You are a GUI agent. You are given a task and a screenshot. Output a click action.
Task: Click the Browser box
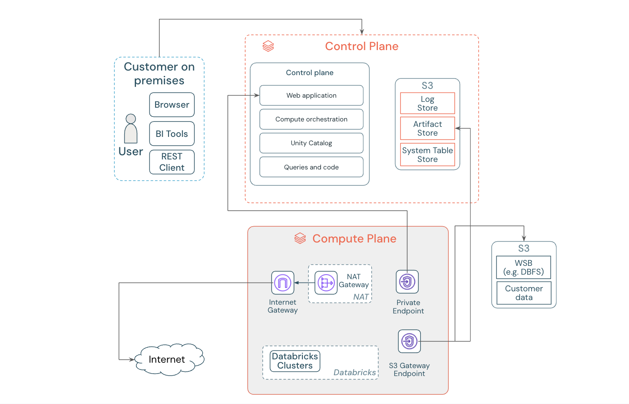coord(172,105)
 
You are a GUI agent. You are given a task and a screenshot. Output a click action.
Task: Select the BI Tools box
coord(172,134)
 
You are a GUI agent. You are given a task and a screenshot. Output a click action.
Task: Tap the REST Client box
coord(172,162)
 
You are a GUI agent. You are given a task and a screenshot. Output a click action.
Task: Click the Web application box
coord(311,96)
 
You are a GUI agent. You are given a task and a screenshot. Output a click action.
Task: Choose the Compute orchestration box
coord(311,119)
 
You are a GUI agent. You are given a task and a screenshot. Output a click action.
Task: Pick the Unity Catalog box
coord(311,143)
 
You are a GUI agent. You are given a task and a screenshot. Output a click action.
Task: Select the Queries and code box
coord(311,167)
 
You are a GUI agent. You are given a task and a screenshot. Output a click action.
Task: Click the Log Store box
coord(427,104)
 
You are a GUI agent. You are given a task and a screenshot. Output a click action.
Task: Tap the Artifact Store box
coord(427,129)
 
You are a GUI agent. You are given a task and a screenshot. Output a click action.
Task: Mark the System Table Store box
coord(427,155)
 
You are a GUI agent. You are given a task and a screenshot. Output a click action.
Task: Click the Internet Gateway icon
coord(282,283)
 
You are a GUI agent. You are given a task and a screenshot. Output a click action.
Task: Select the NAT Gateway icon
coord(326,283)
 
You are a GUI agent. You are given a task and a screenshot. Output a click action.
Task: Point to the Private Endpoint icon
coord(407,282)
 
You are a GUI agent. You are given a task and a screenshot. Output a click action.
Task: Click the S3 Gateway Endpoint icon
coord(409,341)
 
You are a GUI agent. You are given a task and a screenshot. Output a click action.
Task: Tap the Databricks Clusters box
coord(295,361)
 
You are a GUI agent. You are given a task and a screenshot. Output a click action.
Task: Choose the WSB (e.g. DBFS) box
coord(523,268)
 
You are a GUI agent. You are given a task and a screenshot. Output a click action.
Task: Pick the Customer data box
coord(524,293)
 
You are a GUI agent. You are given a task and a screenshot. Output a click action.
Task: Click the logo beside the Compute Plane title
coord(300,238)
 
